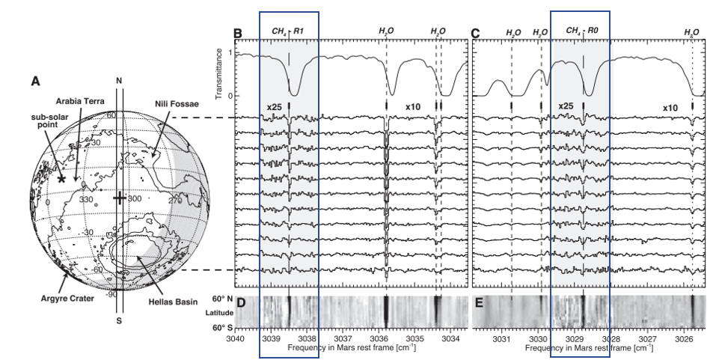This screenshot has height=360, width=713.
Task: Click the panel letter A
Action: pos(35,81)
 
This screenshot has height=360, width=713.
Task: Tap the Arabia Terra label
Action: pos(80,100)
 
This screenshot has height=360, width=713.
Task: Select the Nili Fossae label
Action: pos(179,104)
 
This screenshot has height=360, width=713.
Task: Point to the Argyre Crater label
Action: pos(67,299)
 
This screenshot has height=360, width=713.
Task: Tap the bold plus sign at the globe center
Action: pos(119,198)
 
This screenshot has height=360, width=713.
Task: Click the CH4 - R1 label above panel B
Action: pos(288,31)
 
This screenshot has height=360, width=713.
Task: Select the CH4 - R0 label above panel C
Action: pos(582,31)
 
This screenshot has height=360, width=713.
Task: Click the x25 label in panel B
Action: pos(274,107)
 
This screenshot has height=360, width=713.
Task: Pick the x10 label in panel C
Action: pos(670,108)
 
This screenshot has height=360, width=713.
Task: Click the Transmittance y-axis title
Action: pos(220,74)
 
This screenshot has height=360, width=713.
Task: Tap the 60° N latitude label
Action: pos(222,299)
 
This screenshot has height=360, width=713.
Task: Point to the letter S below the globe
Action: pos(119,320)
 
